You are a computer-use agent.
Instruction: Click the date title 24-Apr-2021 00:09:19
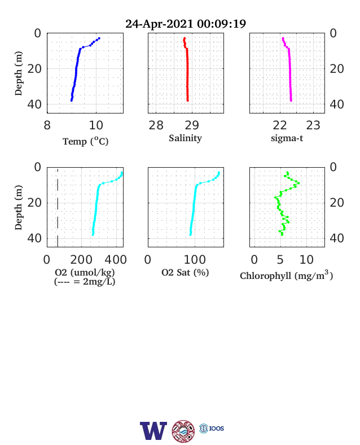coord(186,24)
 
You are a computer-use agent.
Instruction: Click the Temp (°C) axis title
coord(86,141)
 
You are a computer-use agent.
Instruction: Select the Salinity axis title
coord(186,138)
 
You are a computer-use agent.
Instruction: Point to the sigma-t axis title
coord(287,138)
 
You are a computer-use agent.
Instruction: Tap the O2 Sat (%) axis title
coord(185,273)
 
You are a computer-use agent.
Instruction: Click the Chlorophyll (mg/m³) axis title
coord(286,275)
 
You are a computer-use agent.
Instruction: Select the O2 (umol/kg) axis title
coord(85,272)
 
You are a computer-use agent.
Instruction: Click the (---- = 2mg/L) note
coord(85,282)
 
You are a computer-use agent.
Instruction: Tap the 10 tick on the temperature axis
coord(96,125)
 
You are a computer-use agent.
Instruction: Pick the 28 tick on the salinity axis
coord(156,125)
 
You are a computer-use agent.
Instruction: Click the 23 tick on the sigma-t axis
coord(313,125)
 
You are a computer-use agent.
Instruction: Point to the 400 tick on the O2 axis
coord(116,260)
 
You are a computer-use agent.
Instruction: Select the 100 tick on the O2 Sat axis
coord(195,260)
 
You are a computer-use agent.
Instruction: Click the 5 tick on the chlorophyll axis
coord(280,260)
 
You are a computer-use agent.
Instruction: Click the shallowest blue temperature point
coord(99,38)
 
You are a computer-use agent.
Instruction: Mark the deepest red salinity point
coord(188,101)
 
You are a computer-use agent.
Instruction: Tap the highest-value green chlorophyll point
coord(298,184)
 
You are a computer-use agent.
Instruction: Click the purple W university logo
coord(153,431)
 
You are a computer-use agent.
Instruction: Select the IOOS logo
coord(212,428)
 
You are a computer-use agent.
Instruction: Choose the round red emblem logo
coord(183,431)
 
